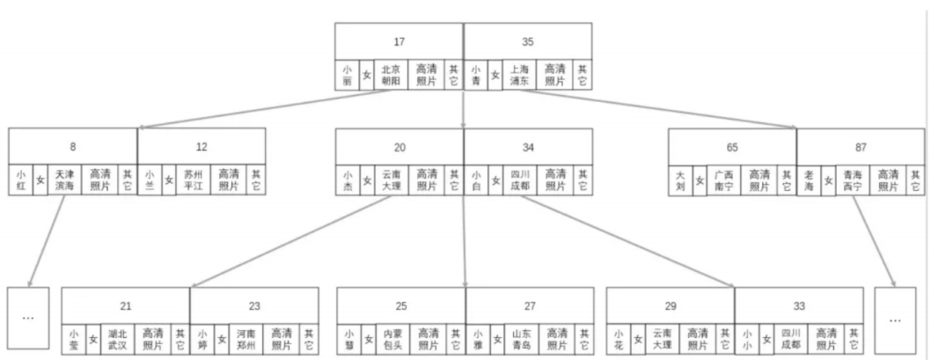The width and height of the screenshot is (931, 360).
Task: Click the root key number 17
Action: [x=400, y=40]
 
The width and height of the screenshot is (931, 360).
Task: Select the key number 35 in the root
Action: [x=528, y=40]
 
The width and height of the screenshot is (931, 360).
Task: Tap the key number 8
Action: [x=73, y=146]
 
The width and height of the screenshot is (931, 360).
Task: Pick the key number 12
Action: [x=202, y=146]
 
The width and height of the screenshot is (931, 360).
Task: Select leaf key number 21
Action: [x=126, y=305]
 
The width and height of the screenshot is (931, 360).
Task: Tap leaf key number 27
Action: [x=530, y=305]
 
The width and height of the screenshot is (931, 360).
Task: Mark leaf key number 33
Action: [x=799, y=305]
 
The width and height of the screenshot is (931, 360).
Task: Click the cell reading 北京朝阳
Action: [x=391, y=75]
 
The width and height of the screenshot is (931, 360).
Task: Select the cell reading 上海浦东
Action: [x=520, y=75]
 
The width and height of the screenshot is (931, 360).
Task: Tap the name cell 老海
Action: [x=809, y=180]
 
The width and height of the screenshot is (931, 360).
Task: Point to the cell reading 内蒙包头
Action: [x=392, y=340]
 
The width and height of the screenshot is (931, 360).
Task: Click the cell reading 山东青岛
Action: [x=522, y=340]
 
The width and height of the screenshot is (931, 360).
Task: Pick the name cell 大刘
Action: [x=679, y=180]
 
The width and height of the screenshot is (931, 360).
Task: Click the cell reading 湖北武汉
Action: [x=118, y=340]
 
